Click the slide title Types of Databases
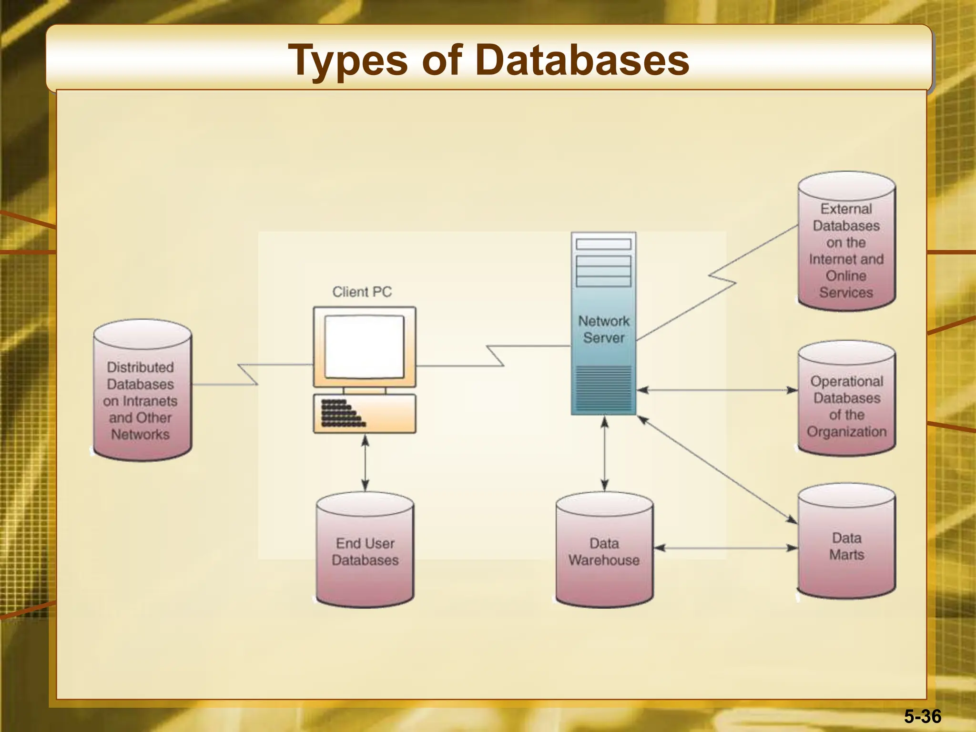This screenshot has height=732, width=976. point(488,60)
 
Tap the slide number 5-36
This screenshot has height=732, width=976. point(923,716)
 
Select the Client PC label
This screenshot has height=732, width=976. point(362,292)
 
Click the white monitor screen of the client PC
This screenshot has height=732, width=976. point(364,346)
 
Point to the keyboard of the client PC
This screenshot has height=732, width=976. point(364,413)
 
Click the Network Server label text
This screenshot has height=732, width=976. point(604,329)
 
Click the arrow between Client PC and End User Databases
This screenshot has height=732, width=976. point(365,463)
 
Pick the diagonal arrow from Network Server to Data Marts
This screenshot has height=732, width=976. point(717,469)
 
